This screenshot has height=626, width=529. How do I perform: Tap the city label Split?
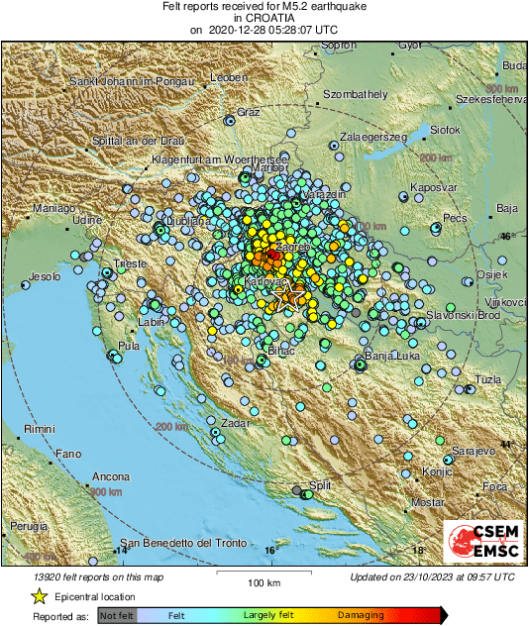(x=319, y=485)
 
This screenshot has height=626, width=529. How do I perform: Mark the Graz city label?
(x=247, y=112)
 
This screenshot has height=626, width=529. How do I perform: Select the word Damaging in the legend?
(x=361, y=615)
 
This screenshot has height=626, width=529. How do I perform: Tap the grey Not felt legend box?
(x=117, y=615)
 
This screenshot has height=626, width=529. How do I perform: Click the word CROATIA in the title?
(x=264, y=19)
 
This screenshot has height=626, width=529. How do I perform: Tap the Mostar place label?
(x=428, y=503)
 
